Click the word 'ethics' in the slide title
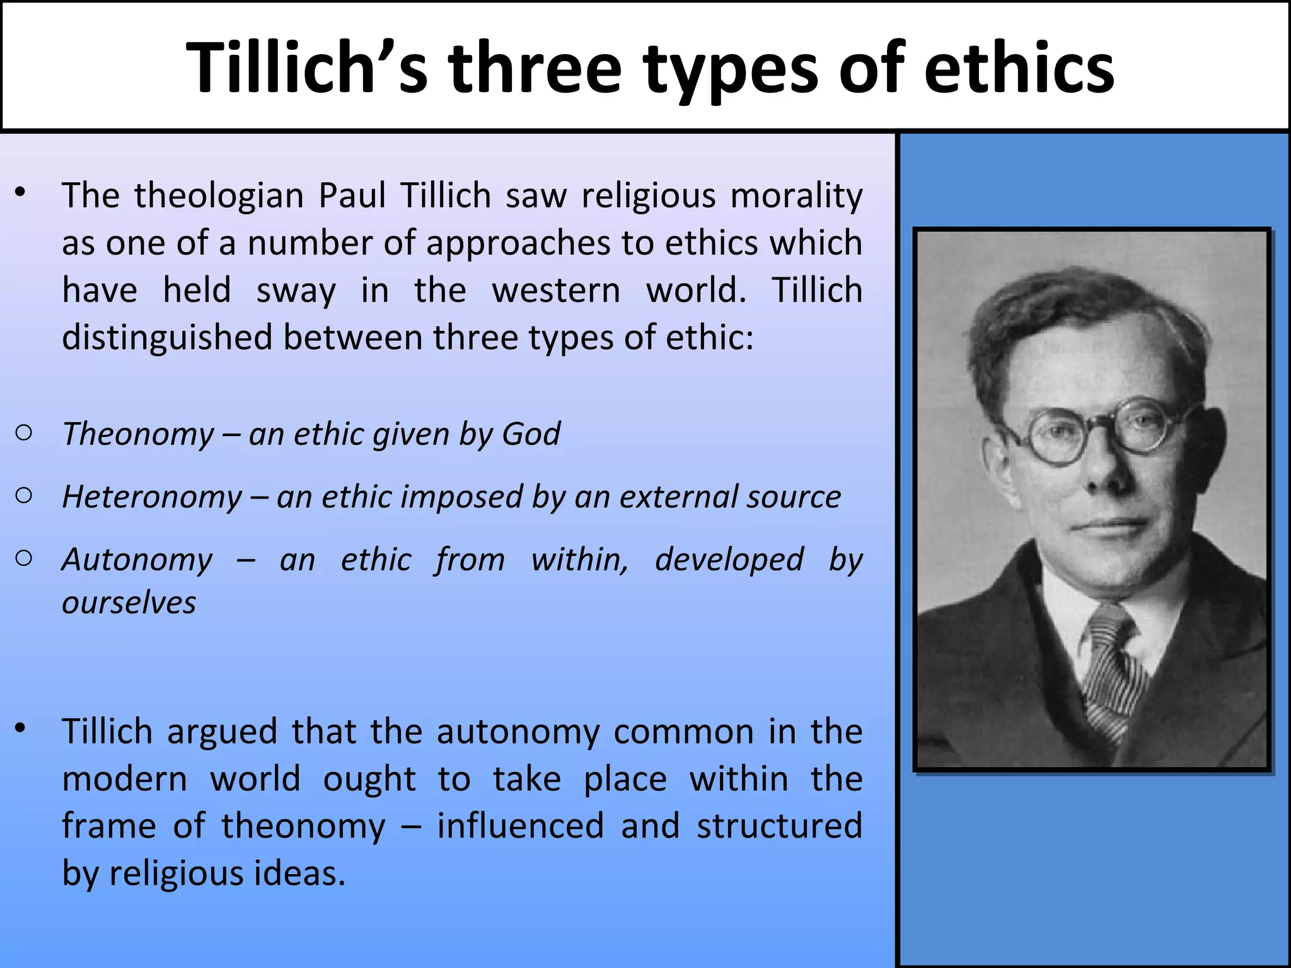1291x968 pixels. pos(1019,68)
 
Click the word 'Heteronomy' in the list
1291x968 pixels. pos(152,497)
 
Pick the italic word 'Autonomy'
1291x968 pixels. pos(137,560)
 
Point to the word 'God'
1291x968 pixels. pos(531,434)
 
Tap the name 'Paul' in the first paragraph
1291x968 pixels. pos(352,195)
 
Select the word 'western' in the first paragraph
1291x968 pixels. pos(556,291)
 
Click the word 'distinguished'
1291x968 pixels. pos(167,338)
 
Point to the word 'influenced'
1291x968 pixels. pos(521,826)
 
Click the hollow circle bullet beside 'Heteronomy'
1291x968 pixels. pos(24,496)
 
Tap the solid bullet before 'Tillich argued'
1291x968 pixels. pos(21,729)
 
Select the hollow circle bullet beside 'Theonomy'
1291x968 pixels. pos(24,433)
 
